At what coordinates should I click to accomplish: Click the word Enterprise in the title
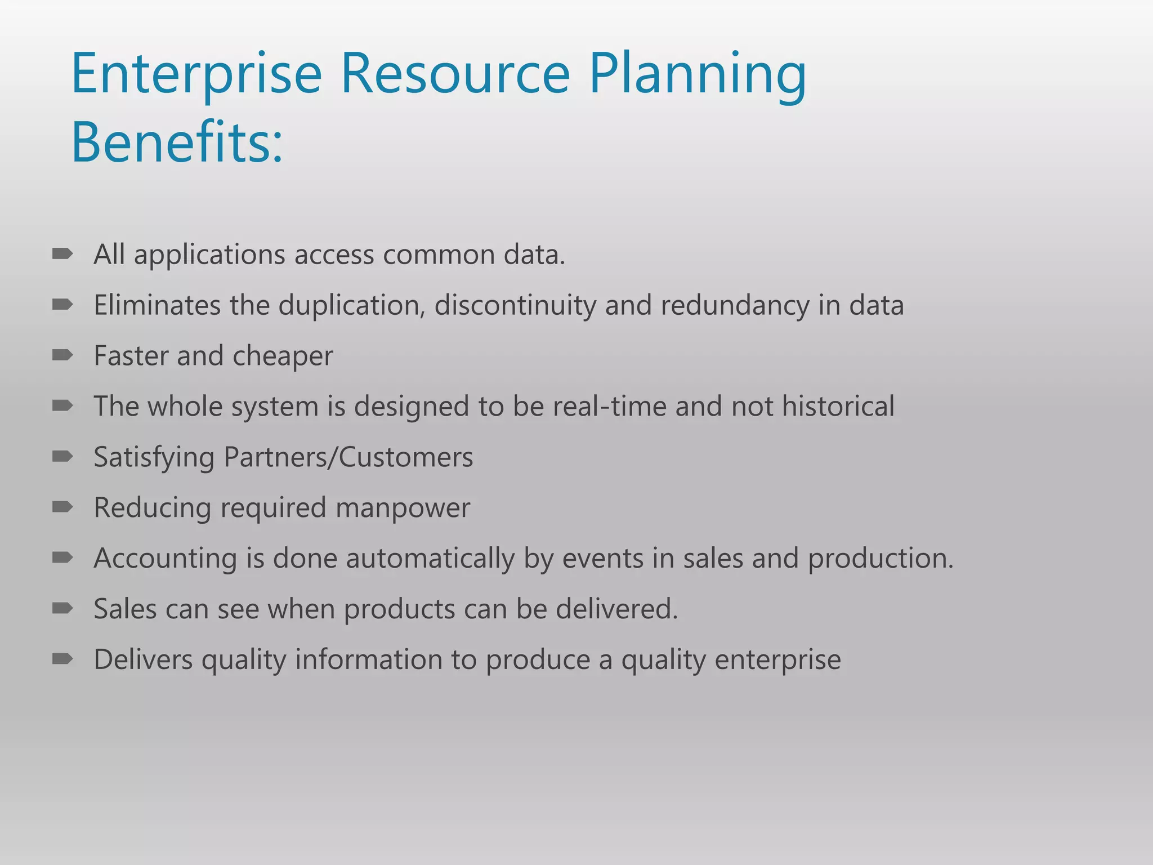196,75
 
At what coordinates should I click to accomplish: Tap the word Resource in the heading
455,75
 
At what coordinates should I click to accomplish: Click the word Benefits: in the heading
177,142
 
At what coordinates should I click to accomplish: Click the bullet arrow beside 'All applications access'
62,255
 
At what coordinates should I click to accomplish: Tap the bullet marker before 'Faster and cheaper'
62,355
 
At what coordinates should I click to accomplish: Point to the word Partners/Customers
348,457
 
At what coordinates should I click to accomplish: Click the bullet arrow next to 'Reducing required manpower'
62,507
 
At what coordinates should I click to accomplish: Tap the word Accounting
165,559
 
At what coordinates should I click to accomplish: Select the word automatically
430,559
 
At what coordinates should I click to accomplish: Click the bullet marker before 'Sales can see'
62,608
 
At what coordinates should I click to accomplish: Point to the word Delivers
143,659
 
